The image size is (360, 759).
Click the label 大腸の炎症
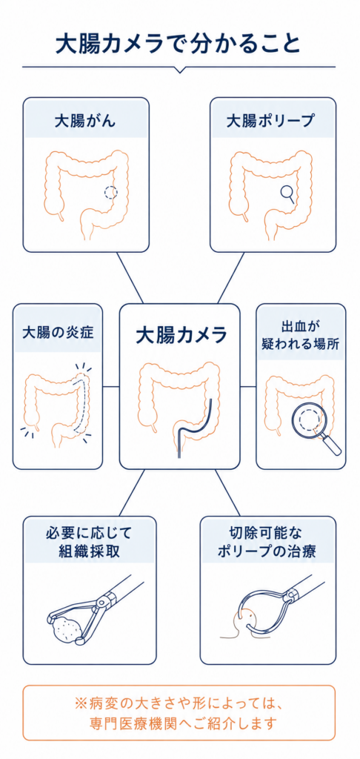coord(58,334)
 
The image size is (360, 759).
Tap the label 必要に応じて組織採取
coord(90,542)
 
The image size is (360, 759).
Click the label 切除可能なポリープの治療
coord(267,542)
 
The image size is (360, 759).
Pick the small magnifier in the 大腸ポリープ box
coord(288,193)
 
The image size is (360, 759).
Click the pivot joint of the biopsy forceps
coord(102,602)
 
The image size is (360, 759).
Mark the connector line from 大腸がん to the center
coord(130,278)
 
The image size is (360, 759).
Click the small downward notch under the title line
coord(179,70)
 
